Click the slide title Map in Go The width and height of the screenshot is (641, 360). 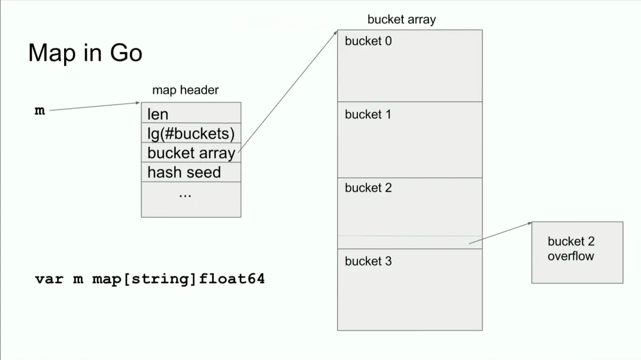click(85, 53)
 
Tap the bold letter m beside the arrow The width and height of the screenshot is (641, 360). click(40, 111)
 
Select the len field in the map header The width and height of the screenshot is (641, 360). click(158, 114)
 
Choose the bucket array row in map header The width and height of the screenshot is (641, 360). click(191, 153)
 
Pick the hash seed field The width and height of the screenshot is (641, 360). click(184, 173)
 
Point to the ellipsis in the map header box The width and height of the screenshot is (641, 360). click(185, 195)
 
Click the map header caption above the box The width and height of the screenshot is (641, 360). click(185, 90)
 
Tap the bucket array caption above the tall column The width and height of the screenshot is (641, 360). click(401, 20)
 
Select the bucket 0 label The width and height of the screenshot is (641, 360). click(368, 41)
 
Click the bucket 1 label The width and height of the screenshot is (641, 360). click(368, 114)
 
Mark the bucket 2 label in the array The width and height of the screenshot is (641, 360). click(368, 188)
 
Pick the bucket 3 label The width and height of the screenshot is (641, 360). click(368, 261)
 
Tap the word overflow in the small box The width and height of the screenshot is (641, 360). click(570, 256)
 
